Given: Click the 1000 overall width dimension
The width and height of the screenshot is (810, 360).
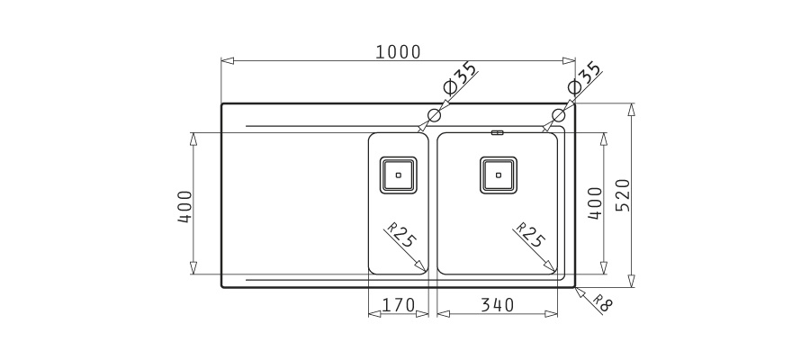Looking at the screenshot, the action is pyautogui.click(x=398, y=52).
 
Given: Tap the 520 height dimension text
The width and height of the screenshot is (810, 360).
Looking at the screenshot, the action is pyautogui.click(x=624, y=195).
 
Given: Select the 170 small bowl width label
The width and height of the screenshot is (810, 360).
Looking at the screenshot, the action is pyautogui.click(x=399, y=305).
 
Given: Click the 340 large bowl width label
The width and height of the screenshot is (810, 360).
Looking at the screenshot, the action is pyautogui.click(x=497, y=305).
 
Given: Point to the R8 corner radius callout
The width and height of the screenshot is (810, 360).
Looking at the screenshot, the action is pyautogui.click(x=602, y=303).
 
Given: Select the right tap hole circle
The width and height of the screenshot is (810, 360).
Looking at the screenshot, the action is pyautogui.click(x=559, y=114).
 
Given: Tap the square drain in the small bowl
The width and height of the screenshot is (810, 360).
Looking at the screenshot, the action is pyautogui.click(x=399, y=175).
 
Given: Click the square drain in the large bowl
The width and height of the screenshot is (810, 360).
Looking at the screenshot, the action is pyautogui.click(x=498, y=175).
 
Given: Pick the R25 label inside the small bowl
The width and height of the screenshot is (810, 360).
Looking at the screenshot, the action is pyautogui.click(x=400, y=236).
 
